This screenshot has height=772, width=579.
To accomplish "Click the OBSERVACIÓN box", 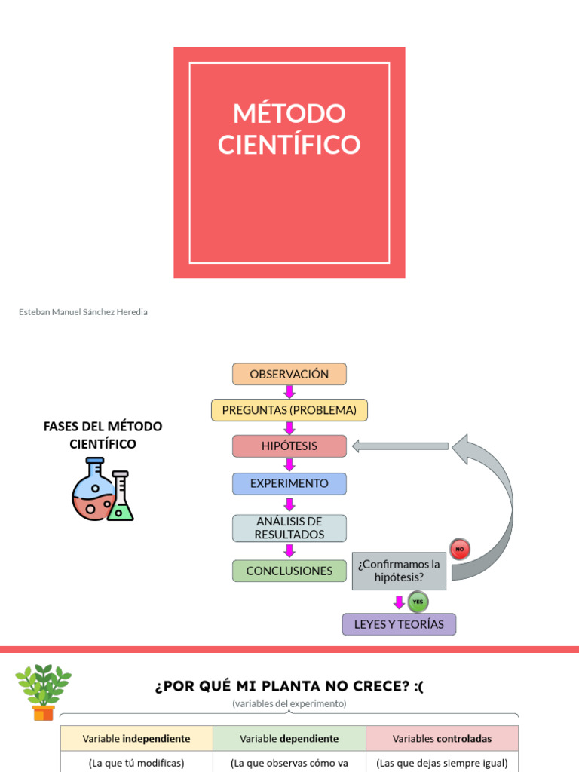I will pos(289,374).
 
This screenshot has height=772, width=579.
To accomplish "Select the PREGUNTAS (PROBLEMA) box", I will pos(289,410).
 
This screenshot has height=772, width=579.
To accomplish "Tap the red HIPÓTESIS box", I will pos(289,446).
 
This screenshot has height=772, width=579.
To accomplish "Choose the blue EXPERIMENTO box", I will pos(289,484).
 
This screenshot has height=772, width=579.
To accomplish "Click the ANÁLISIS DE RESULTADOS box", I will pos(289,528).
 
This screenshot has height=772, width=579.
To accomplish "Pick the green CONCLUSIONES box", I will pos(289,571).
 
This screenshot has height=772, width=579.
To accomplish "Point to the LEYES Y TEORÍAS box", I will pos(399,624).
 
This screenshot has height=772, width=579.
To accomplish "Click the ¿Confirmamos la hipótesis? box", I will pos(399,571).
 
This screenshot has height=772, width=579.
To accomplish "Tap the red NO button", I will pos(459,549).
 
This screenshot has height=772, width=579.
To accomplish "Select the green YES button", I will pos(418,602).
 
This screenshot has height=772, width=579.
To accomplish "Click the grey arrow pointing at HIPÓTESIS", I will pos(400,446).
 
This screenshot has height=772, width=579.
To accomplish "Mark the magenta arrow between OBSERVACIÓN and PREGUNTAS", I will pos(289,392).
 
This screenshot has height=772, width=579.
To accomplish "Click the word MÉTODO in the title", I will pos(289,114).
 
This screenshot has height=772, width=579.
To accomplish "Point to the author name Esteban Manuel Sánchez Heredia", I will pos(83,312).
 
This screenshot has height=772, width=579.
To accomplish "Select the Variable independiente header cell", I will pos(136,738).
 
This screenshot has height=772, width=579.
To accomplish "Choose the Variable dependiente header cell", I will pos(289,738).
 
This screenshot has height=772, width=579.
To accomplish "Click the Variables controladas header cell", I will pos(443,738).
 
